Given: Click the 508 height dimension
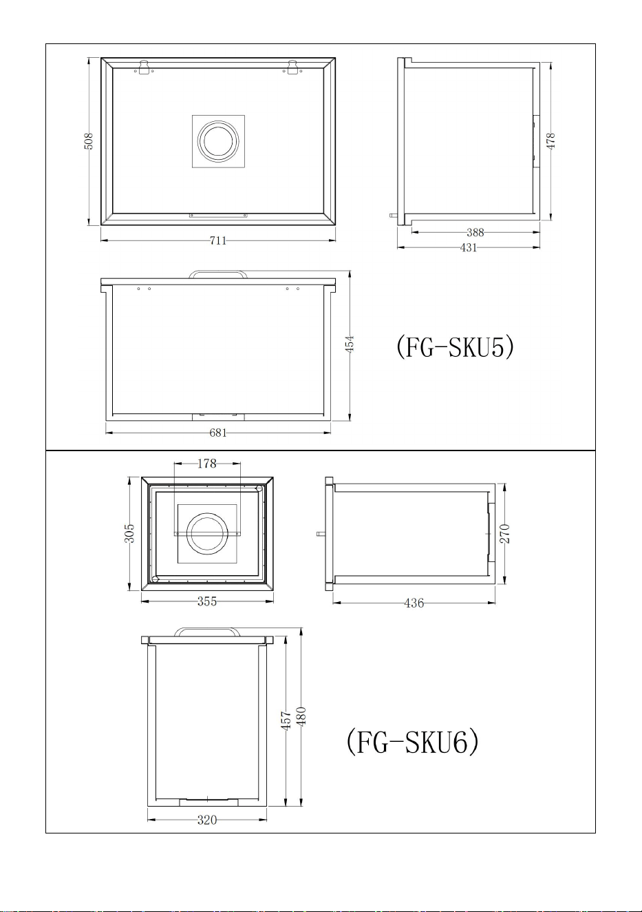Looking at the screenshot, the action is pos(89,141).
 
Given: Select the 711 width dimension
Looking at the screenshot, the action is pos(218,240).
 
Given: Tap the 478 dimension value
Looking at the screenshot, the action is pos(550,141).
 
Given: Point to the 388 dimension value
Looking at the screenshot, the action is pos(475,233).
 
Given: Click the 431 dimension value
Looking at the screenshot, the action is pos(469,247).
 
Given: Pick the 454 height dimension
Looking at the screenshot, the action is pos(350,344).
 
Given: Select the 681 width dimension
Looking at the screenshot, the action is pos(218,433).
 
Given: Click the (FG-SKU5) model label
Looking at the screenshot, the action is pos(456,347).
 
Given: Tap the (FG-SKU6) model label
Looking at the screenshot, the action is pos(413,742).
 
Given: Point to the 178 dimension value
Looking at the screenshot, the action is pos(206,464).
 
